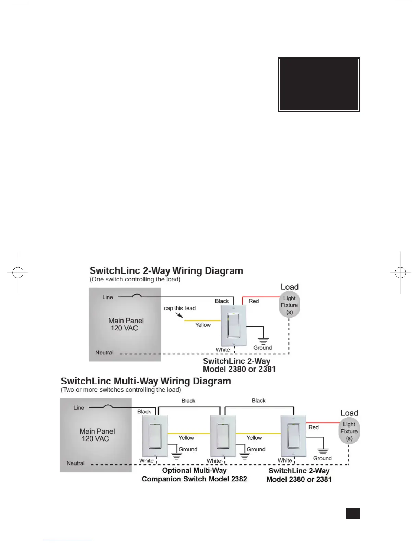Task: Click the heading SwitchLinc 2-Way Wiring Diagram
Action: point(166,271)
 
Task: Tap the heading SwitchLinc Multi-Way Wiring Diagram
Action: point(146,381)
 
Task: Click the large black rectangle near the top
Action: point(319,85)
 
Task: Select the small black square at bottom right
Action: point(353,513)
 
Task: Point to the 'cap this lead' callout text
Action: point(179,308)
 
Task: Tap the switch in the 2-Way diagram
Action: point(234,325)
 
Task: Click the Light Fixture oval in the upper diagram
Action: point(289,305)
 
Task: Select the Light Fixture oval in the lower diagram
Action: point(349,431)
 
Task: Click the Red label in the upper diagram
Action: point(254,301)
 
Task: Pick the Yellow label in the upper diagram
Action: point(203,325)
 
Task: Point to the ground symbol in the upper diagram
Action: point(263,341)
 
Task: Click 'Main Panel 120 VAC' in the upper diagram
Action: point(126,324)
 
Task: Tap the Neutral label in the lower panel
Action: point(75,463)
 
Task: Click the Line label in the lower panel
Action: point(79,408)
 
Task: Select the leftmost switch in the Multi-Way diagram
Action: point(155,436)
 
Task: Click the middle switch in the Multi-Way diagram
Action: point(223,436)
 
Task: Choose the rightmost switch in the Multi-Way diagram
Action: point(293,436)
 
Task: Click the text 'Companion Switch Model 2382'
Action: point(194,479)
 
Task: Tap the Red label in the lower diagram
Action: point(313,427)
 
